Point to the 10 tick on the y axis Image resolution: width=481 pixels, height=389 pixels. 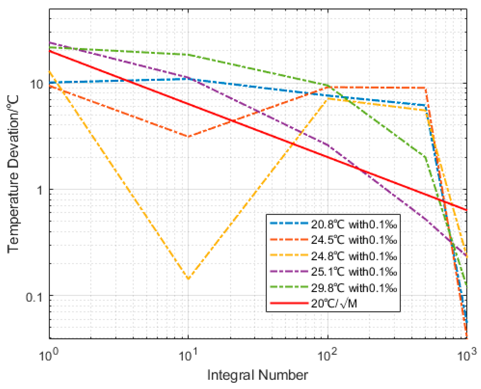click(x=37, y=84)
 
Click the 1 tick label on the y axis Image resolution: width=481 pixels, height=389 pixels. click(x=40, y=190)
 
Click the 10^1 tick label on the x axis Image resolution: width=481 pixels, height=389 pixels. click(x=188, y=355)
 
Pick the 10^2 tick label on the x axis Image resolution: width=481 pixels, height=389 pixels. click(x=327, y=355)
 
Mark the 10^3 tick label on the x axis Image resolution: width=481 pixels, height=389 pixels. click(x=466, y=355)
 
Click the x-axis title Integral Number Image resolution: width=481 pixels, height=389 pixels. click(x=257, y=375)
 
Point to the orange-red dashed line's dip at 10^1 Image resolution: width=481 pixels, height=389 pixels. click(x=188, y=137)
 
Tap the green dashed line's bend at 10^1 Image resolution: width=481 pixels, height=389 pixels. click(x=188, y=54)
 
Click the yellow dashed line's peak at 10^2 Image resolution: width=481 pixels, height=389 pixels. click(x=328, y=99)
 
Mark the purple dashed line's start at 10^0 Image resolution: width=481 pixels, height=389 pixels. click(x=50, y=42)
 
